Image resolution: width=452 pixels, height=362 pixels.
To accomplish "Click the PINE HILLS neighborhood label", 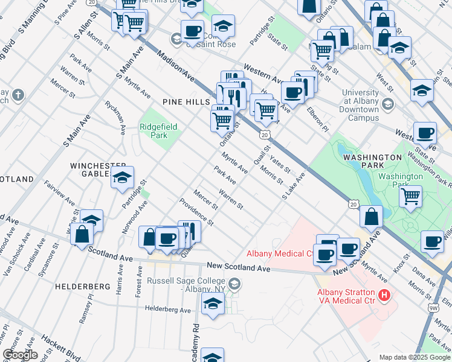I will [x=185, y=103].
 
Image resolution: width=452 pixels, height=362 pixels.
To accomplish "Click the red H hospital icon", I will [x=383, y=296].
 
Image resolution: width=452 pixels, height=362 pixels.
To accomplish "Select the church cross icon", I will [x=18, y=95].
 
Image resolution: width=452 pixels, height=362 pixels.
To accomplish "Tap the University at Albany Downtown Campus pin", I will [x=387, y=105].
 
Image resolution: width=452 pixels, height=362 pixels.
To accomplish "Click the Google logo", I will [x=20, y=355].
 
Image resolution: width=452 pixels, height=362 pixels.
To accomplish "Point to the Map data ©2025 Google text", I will [x=414, y=357].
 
